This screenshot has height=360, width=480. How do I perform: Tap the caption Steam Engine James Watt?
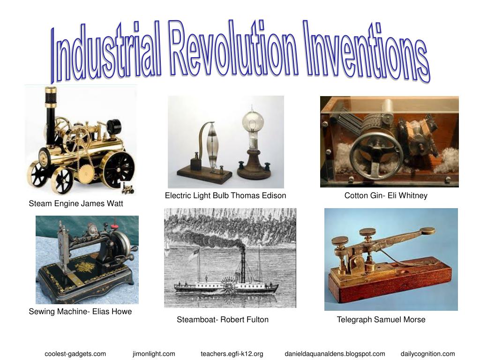(x=76, y=203)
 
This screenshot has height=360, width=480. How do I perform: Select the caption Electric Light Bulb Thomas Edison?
(x=225, y=195)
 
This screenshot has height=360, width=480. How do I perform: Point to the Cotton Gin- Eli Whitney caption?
(x=386, y=195)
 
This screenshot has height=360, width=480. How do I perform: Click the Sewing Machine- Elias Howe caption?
(x=80, y=311)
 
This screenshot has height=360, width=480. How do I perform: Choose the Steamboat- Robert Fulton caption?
(x=223, y=320)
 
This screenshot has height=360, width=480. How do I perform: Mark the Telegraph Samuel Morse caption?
(x=381, y=320)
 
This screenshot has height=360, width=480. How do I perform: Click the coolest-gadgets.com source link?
(x=75, y=354)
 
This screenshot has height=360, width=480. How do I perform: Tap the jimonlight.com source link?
(x=154, y=354)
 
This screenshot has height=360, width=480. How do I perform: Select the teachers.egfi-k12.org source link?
(x=232, y=354)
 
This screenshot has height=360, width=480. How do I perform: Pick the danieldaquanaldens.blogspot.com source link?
(x=335, y=354)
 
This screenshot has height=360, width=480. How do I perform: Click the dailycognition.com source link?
(x=427, y=354)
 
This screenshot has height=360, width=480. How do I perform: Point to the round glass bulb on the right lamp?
(x=253, y=123)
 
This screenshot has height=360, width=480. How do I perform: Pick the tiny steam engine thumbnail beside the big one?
(x=127, y=188)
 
